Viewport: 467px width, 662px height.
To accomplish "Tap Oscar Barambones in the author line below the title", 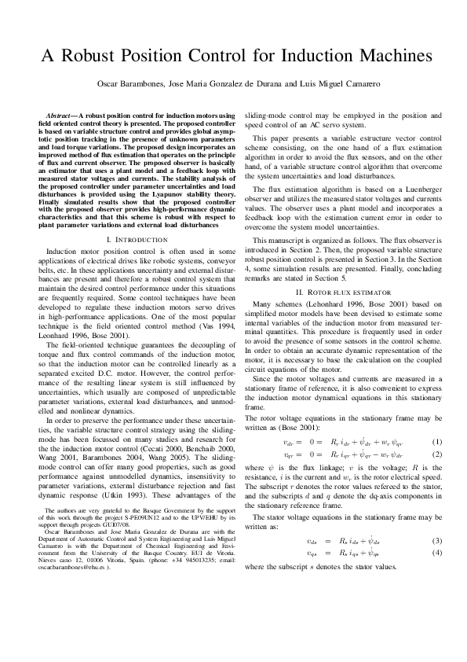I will pos(126,83).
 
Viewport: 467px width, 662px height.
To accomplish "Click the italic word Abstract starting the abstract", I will pos(62,116).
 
